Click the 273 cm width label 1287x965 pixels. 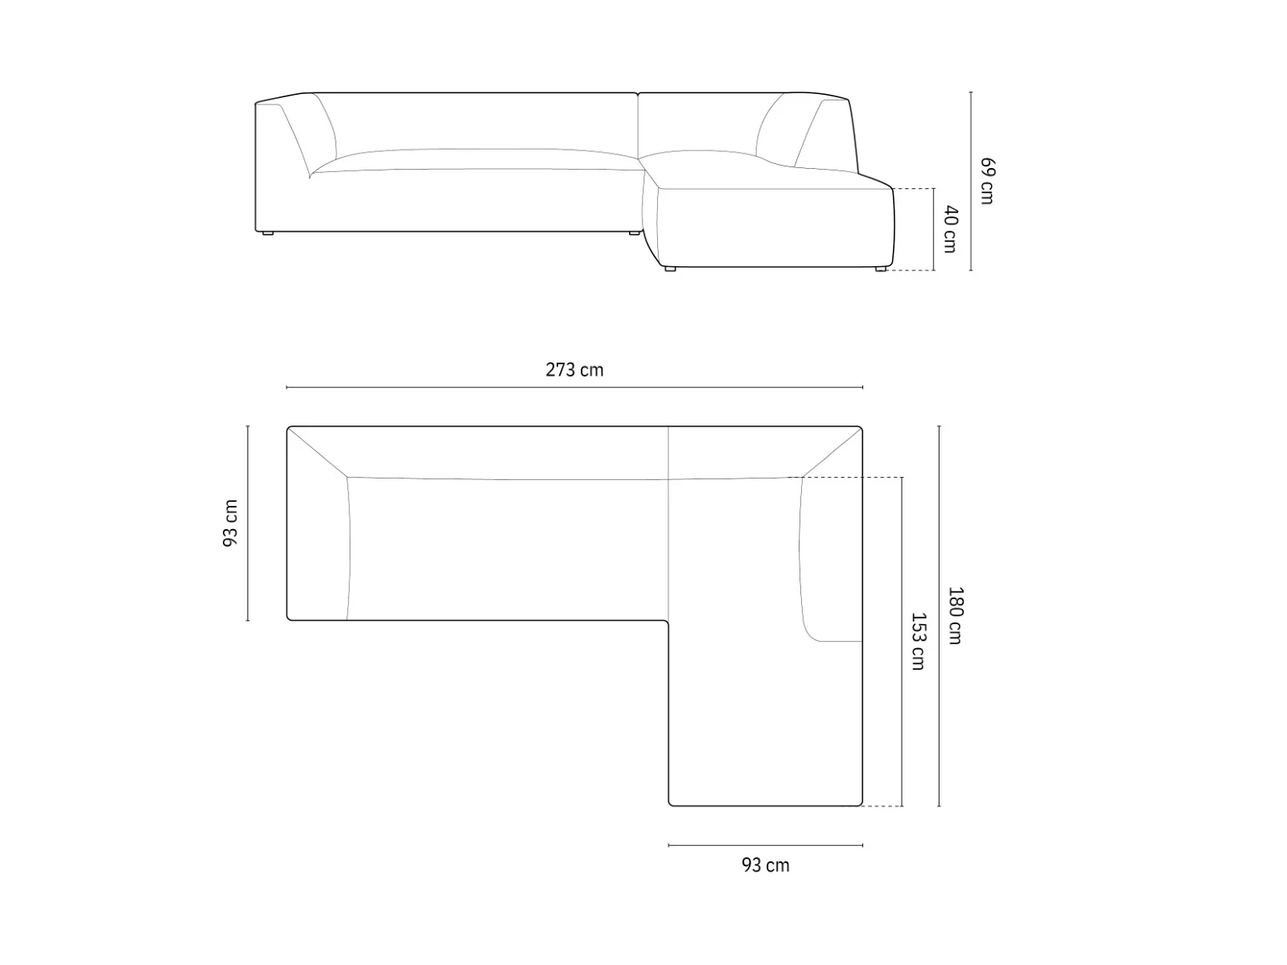coord(574,370)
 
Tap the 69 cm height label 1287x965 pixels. coord(987,181)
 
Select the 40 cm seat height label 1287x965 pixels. coord(951,229)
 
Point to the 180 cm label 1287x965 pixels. coord(955,616)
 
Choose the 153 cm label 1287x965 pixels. coord(918,642)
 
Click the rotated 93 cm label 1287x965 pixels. coord(230,524)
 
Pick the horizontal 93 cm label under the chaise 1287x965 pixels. coord(765,865)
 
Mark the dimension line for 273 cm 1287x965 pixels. coord(574,388)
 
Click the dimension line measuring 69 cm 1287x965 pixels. coord(970,181)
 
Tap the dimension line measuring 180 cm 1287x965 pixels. coord(939,616)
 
